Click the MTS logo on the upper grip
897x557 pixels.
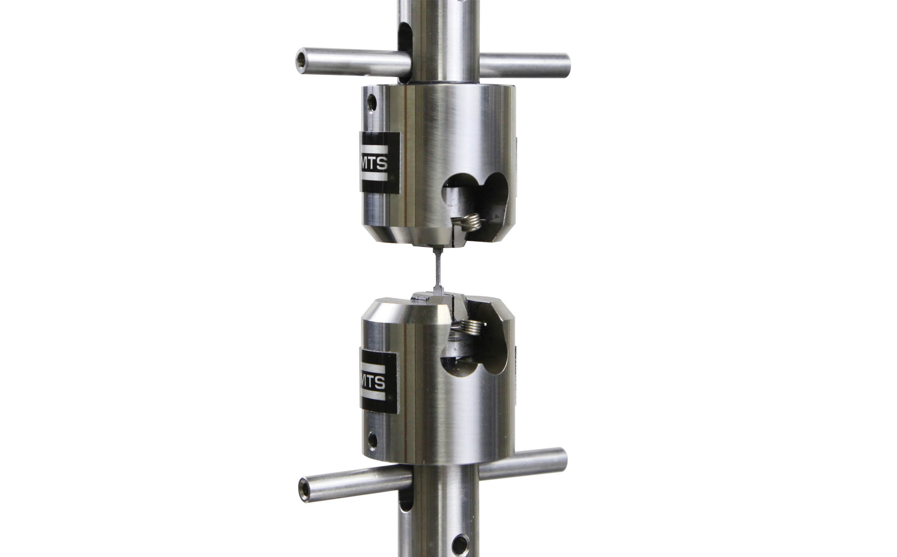tap(380, 163)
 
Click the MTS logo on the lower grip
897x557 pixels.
tap(379, 382)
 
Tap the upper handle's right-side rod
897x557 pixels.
tap(525, 65)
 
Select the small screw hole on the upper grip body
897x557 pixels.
tap(372, 103)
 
